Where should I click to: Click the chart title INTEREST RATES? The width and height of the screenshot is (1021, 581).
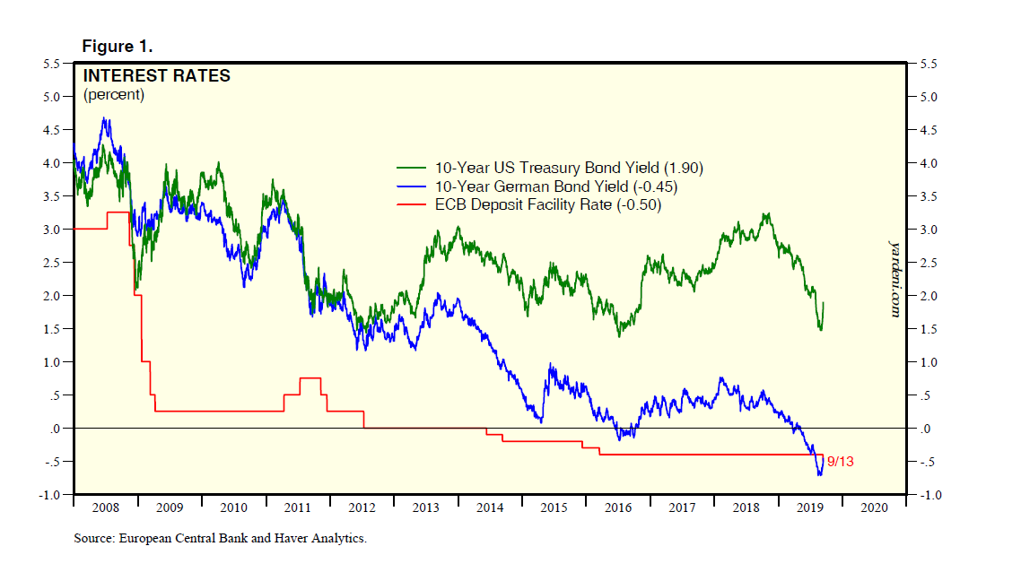pyautogui.click(x=157, y=76)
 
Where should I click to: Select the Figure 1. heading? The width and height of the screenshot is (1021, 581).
pyautogui.click(x=118, y=46)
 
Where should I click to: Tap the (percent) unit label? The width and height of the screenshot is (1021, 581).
pyautogui.click(x=114, y=94)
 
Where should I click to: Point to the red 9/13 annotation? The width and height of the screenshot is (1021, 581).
pyautogui.click(x=841, y=461)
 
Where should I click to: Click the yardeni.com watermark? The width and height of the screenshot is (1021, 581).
pyautogui.click(x=894, y=277)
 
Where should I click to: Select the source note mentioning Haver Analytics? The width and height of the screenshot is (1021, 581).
pyautogui.click(x=221, y=539)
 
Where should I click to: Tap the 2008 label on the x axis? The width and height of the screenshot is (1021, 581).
pyautogui.click(x=105, y=507)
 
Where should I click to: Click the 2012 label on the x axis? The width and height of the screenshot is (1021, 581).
pyautogui.click(x=362, y=507)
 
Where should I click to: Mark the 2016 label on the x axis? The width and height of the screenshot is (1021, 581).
pyautogui.click(x=618, y=507)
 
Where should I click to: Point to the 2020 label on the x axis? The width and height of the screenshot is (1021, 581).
pyautogui.click(x=874, y=507)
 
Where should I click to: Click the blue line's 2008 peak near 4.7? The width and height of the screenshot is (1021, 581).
pyautogui.click(x=106, y=118)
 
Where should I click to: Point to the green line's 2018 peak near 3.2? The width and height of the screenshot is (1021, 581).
pyautogui.click(x=765, y=214)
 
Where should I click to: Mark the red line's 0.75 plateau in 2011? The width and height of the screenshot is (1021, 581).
pyautogui.click(x=310, y=378)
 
